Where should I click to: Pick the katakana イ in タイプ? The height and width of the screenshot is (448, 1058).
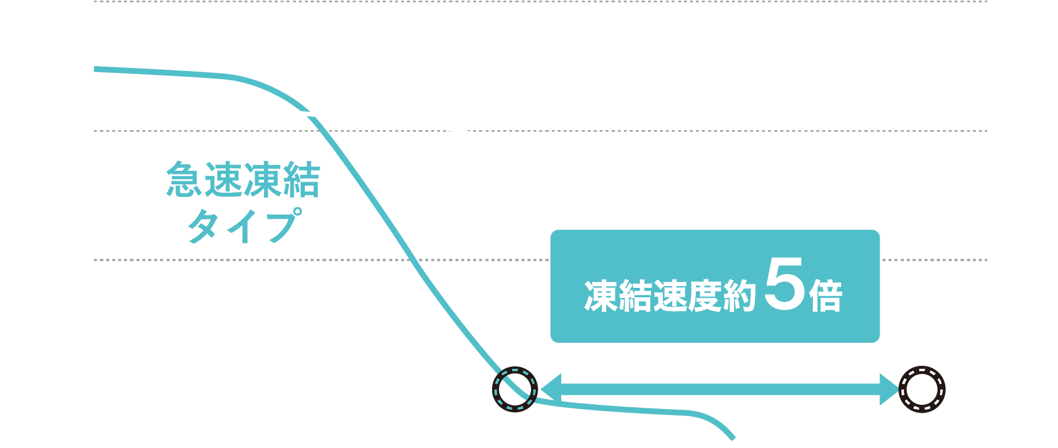[x=241, y=226]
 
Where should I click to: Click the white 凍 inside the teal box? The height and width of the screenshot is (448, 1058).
[x=601, y=296]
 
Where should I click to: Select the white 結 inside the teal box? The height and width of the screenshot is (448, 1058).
[x=635, y=296]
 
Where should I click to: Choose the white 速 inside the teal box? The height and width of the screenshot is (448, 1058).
[x=669, y=296]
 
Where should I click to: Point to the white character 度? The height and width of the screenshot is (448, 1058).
[x=704, y=296]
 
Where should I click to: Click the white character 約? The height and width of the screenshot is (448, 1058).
[x=738, y=296]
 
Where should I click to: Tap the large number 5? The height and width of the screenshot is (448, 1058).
[x=784, y=285]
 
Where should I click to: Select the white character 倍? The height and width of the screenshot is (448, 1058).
[x=826, y=296]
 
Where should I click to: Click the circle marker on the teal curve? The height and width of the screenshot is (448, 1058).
[x=515, y=389]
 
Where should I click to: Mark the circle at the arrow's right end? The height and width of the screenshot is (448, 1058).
[x=922, y=389]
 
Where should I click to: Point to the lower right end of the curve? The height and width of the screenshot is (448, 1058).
[x=733, y=438]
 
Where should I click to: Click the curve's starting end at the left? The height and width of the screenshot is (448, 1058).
[x=96, y=69]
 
